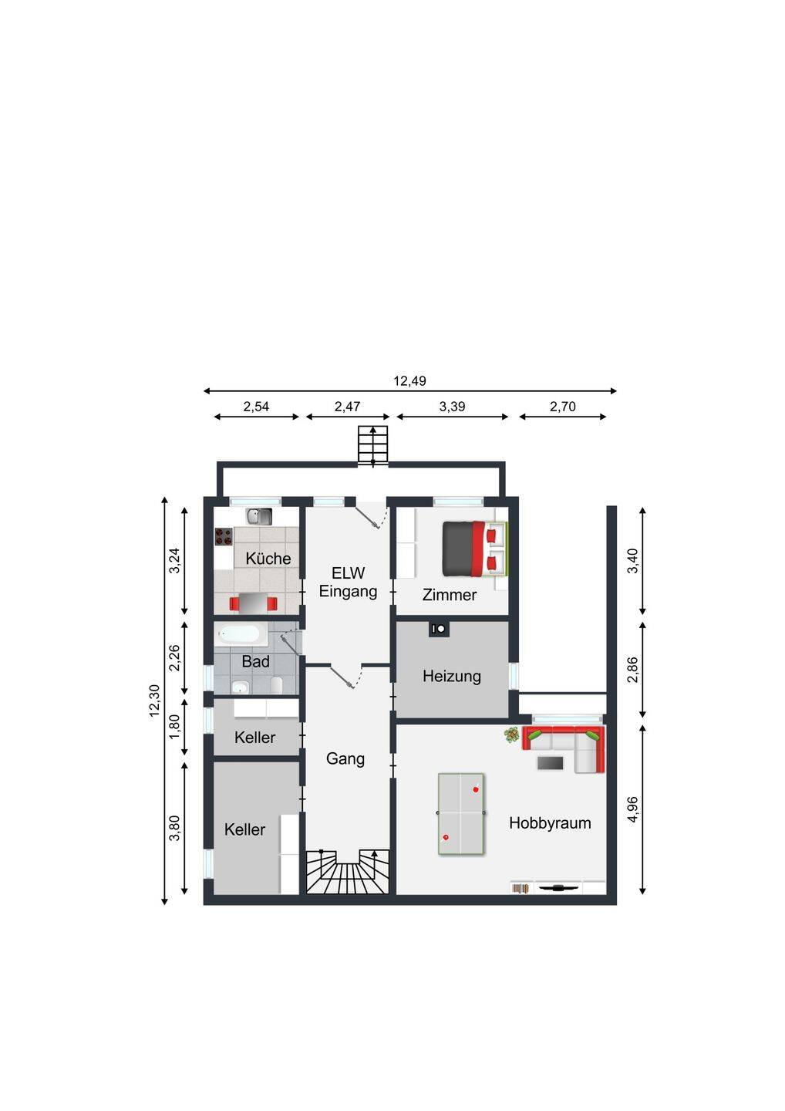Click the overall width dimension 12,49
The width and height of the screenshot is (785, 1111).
(409, 381)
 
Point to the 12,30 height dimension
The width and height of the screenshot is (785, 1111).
(155, 701)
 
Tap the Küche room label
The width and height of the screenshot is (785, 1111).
(268, 559)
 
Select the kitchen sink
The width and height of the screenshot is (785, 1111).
(258, 517)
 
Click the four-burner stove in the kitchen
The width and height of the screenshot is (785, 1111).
(224, 536)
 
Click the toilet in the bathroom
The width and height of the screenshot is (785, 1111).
(277, 685)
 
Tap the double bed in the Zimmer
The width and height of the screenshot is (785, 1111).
(475, 549)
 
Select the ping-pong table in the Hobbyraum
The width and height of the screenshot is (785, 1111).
(461, 813)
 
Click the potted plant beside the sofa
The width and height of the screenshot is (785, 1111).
(511, 734)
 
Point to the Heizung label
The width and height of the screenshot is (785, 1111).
(451, 677)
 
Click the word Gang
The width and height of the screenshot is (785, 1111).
(345, 759)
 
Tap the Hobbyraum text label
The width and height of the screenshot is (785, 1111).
(550, 823)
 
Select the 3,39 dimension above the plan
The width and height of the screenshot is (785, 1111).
(452, 407)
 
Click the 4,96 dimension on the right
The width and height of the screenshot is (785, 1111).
(633, 809)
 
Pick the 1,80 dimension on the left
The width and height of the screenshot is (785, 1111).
(174, 726)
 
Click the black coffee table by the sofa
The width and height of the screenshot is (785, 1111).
(550, 763)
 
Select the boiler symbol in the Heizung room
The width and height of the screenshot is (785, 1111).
(439, 629)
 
